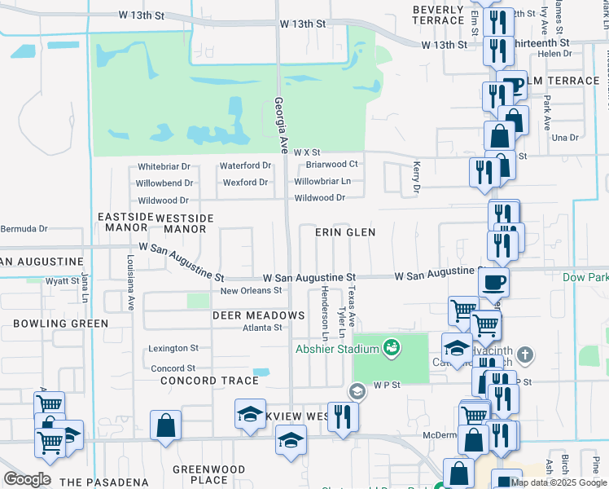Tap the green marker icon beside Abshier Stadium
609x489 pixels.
click(x=392, y=348)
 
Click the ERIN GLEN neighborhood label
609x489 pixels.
click(x=346, y=232)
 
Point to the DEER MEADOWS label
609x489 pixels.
click(x=258, y=315)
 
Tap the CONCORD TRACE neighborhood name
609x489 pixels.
click(x=211, y=381)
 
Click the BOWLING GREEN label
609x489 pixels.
click(x=60, y=324)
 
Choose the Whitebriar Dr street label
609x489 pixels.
click(x=163, y=166)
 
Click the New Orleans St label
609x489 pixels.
click(x=251, y=290)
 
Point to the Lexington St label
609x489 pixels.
click(x=173, y=349)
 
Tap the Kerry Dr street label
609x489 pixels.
click(x=416, y=176)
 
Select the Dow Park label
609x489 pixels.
click(x=585, y=277)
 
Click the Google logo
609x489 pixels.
click(x=27, y=479)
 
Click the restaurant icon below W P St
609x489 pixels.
click(x=342, y=416)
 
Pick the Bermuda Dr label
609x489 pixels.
click(x=24, y=230)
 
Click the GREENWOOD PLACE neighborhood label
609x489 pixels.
click(x=209, y=474)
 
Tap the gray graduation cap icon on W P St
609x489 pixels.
click(x=356, y=392)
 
